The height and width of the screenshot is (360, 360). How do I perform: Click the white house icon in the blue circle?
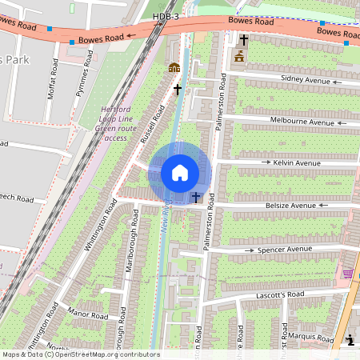tap(180, 173)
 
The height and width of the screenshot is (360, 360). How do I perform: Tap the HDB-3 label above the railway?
tap(165, 16)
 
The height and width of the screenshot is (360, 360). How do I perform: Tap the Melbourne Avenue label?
tap(302, 122)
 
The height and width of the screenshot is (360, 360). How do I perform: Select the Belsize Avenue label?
tap(291, 206)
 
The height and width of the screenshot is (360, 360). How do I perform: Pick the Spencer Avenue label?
tap(284, 250)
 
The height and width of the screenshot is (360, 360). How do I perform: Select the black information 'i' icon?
tap(350, 340)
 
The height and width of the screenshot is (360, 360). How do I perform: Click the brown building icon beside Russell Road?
tap(174, 68)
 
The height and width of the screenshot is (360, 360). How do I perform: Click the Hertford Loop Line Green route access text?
tap(111, 123)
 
